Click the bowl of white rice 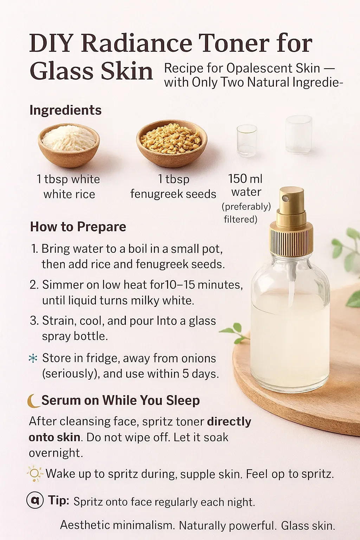[69, 145]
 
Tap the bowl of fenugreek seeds [172, 143]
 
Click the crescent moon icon [33, 401]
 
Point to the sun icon [34, 474]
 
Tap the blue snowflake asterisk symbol [33, 359]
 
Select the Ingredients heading [65, 110]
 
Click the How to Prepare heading [78, 227]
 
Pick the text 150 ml [245, 179]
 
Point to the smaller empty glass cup [247, 141]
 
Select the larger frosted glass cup [298, 134]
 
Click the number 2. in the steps [34, 285]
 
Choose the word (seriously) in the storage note [71, 374]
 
